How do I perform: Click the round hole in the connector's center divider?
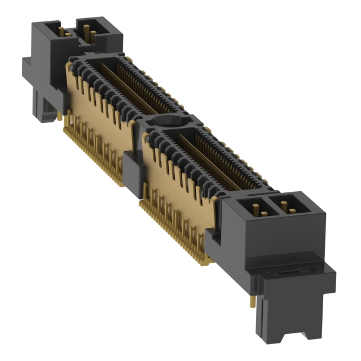pos(167,124)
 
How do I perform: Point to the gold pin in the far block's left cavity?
pos(67,33)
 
